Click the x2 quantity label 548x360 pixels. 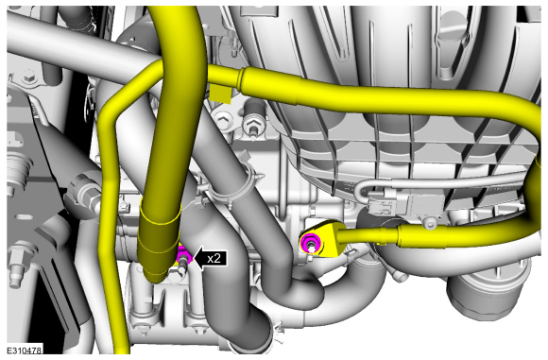[x=214, y=259]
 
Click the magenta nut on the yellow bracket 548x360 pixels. [x=310, y=242]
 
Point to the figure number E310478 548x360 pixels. [x=25, y=351]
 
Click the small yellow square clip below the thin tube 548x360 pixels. [x=220, y=94]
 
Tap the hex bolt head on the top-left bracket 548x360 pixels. [x=29, y=76]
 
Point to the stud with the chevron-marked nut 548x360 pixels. [x=252, y=127]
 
